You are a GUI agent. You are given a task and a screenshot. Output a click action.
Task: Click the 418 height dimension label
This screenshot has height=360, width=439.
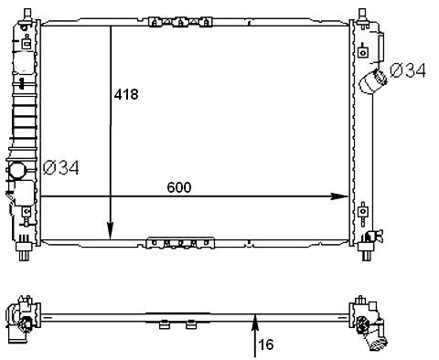tap(126, 94)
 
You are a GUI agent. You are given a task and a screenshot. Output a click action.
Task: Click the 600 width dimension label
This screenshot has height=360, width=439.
tap(179, 187)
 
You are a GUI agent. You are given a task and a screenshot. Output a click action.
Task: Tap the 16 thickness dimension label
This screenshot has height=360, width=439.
tap(266, 344)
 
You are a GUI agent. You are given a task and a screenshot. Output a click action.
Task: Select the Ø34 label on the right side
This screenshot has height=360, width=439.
tap(408, 70)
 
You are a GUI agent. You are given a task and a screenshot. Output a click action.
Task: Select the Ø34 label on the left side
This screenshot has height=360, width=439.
tap(61, 167)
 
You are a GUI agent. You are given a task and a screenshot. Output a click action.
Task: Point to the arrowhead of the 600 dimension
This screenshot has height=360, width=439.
tap(339, 196)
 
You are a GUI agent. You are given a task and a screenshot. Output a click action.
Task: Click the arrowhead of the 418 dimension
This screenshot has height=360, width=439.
tap(110, 231)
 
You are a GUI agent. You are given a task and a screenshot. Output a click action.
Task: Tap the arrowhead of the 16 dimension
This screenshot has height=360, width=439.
tap(255, 323)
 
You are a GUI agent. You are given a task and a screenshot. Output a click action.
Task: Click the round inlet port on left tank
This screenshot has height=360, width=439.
tap(16, 171)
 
